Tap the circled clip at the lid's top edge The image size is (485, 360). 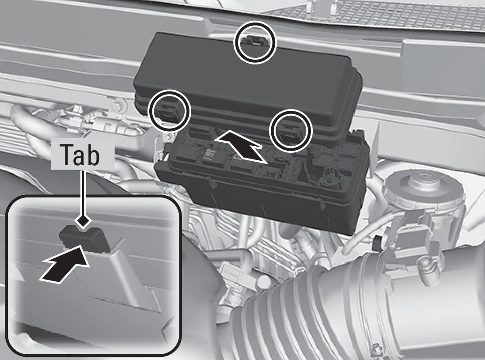pyautogui.click(x=254, y=42)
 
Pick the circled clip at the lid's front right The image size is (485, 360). pyautogui.click(x=290, y=130)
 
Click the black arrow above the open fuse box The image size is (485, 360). pyautogui.click(x=241, y=146)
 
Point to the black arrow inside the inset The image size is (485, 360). pyautogui.click(x=64, y=263)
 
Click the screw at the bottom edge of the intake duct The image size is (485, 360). pyautogui.click(x=376, y=349)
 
